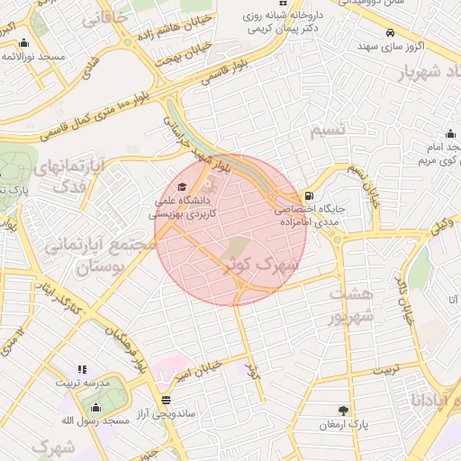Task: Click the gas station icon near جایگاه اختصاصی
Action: pyautogui.click(x=310, y=194)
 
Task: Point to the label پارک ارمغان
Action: pyautogui.click(x=346, y=423)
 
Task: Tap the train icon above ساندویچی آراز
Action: pyautogui.click(x=165, y=399)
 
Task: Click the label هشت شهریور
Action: pyautogui.click(x=348, y=306)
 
